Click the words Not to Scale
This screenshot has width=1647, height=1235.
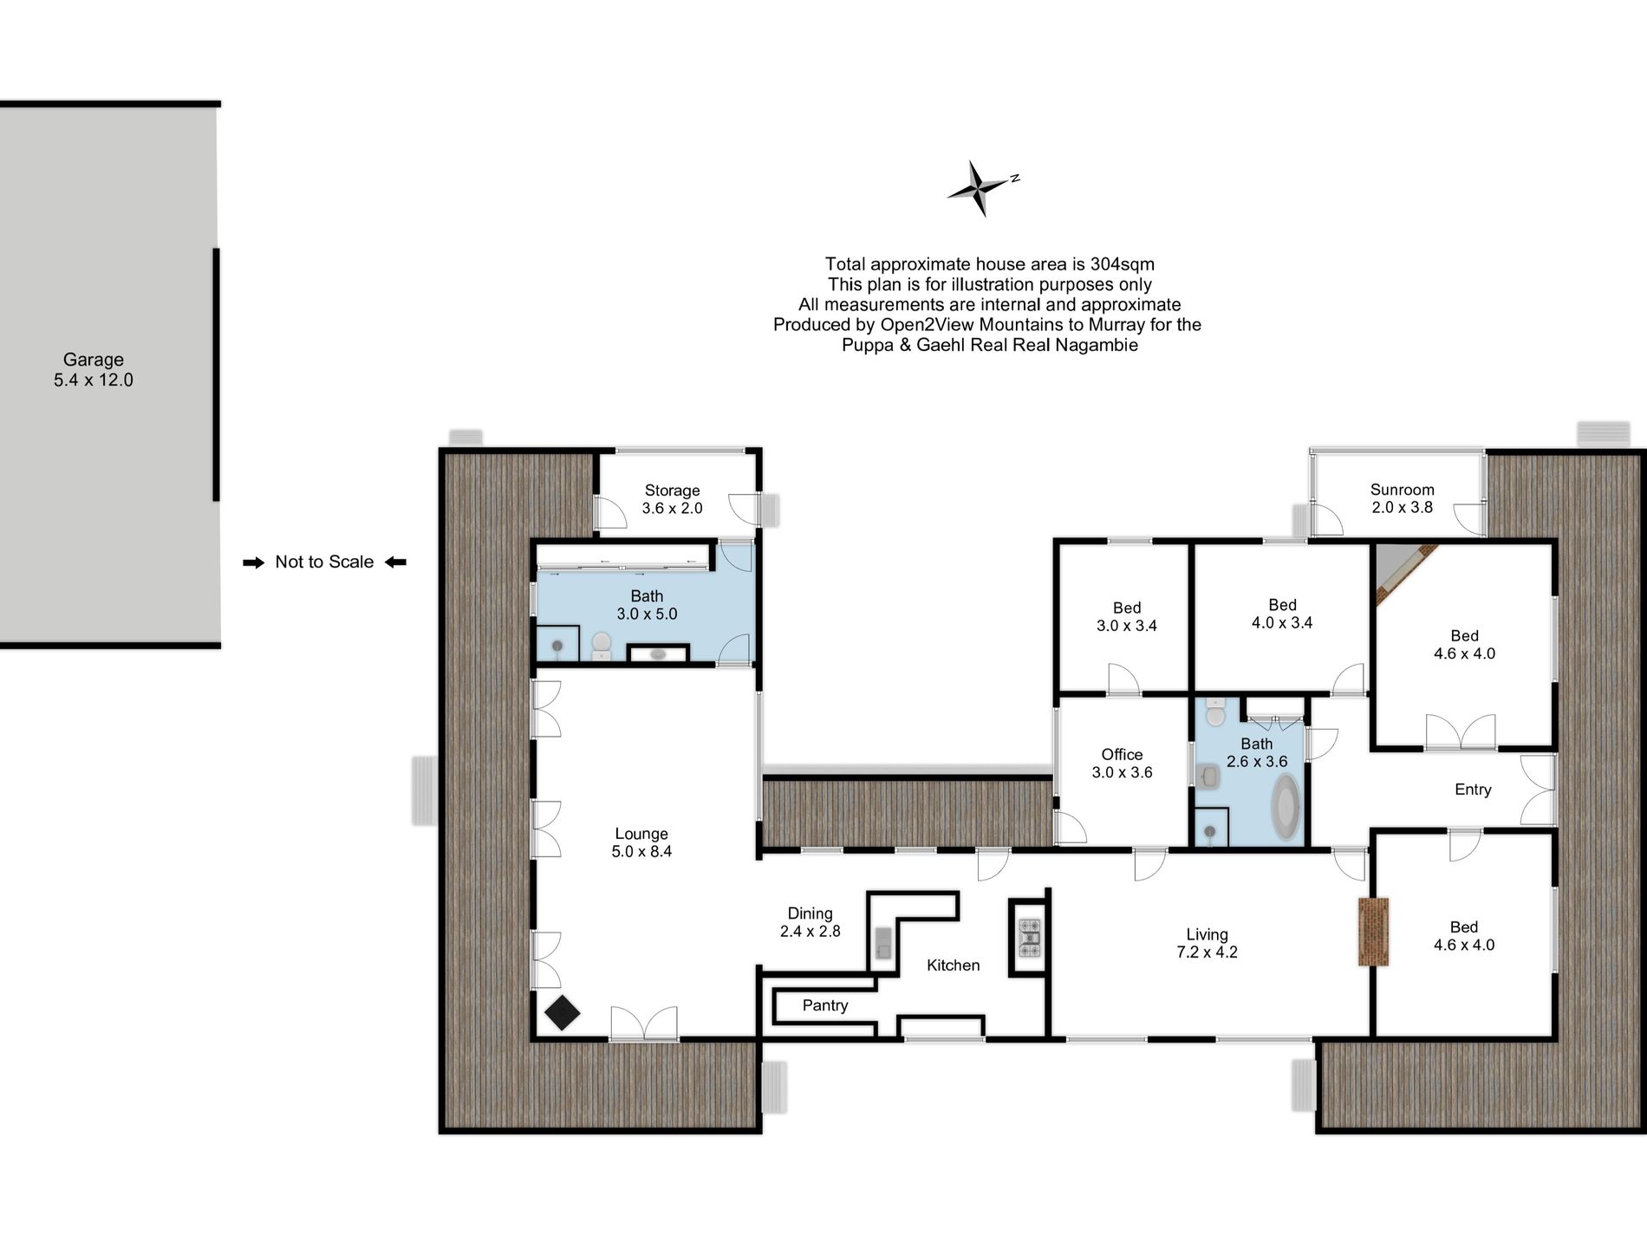(324, 562)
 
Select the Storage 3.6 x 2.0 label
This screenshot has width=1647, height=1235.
(672, 499)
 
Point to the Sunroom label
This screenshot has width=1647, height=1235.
(1402, 490)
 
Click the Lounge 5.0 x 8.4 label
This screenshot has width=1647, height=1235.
(641, 842)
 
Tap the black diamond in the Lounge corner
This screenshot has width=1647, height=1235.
(562, 1013)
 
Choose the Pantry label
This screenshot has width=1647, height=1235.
(824, 1005)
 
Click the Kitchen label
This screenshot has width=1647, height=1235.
(953, 965)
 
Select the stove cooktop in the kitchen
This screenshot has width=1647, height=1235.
(1029, 938)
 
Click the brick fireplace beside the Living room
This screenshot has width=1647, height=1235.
(1373, 932)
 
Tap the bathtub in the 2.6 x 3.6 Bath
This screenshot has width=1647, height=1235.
(1286, 806)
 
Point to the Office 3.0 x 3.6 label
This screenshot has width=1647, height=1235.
(1122, 764)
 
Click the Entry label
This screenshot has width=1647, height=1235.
(1473, 790)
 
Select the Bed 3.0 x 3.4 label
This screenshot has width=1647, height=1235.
(1126, 617)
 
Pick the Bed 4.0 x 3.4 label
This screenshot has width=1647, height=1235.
(1282, 614)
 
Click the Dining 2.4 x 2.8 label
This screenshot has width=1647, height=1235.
(810, 922)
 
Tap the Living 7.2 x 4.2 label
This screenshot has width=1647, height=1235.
(1207, 943)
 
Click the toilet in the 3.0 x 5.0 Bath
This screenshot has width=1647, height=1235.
(602, 646)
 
